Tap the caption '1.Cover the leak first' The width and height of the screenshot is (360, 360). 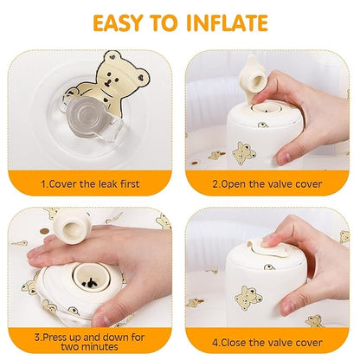click(91, 184)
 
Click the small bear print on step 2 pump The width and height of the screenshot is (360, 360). click(241, 154)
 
